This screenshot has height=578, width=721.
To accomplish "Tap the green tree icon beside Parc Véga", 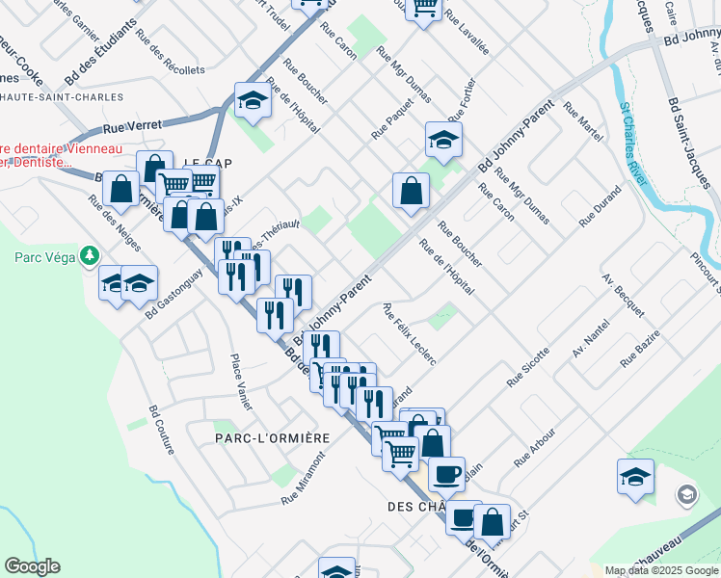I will click(x=90, y=255).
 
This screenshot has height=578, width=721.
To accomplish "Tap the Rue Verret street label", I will click(x=127, y=126).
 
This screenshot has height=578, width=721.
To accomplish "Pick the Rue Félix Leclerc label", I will click(x=410, y=334).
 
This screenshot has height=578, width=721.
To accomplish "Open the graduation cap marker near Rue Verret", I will click(x=253, y=99).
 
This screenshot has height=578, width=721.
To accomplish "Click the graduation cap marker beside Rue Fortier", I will click(x=443, y=140).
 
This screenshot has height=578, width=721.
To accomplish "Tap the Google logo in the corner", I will click(x=33, y=566).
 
